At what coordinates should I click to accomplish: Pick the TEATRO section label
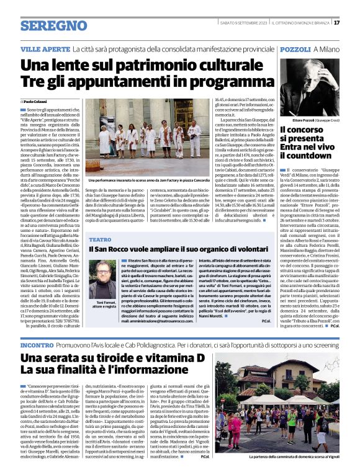[100, 239]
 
